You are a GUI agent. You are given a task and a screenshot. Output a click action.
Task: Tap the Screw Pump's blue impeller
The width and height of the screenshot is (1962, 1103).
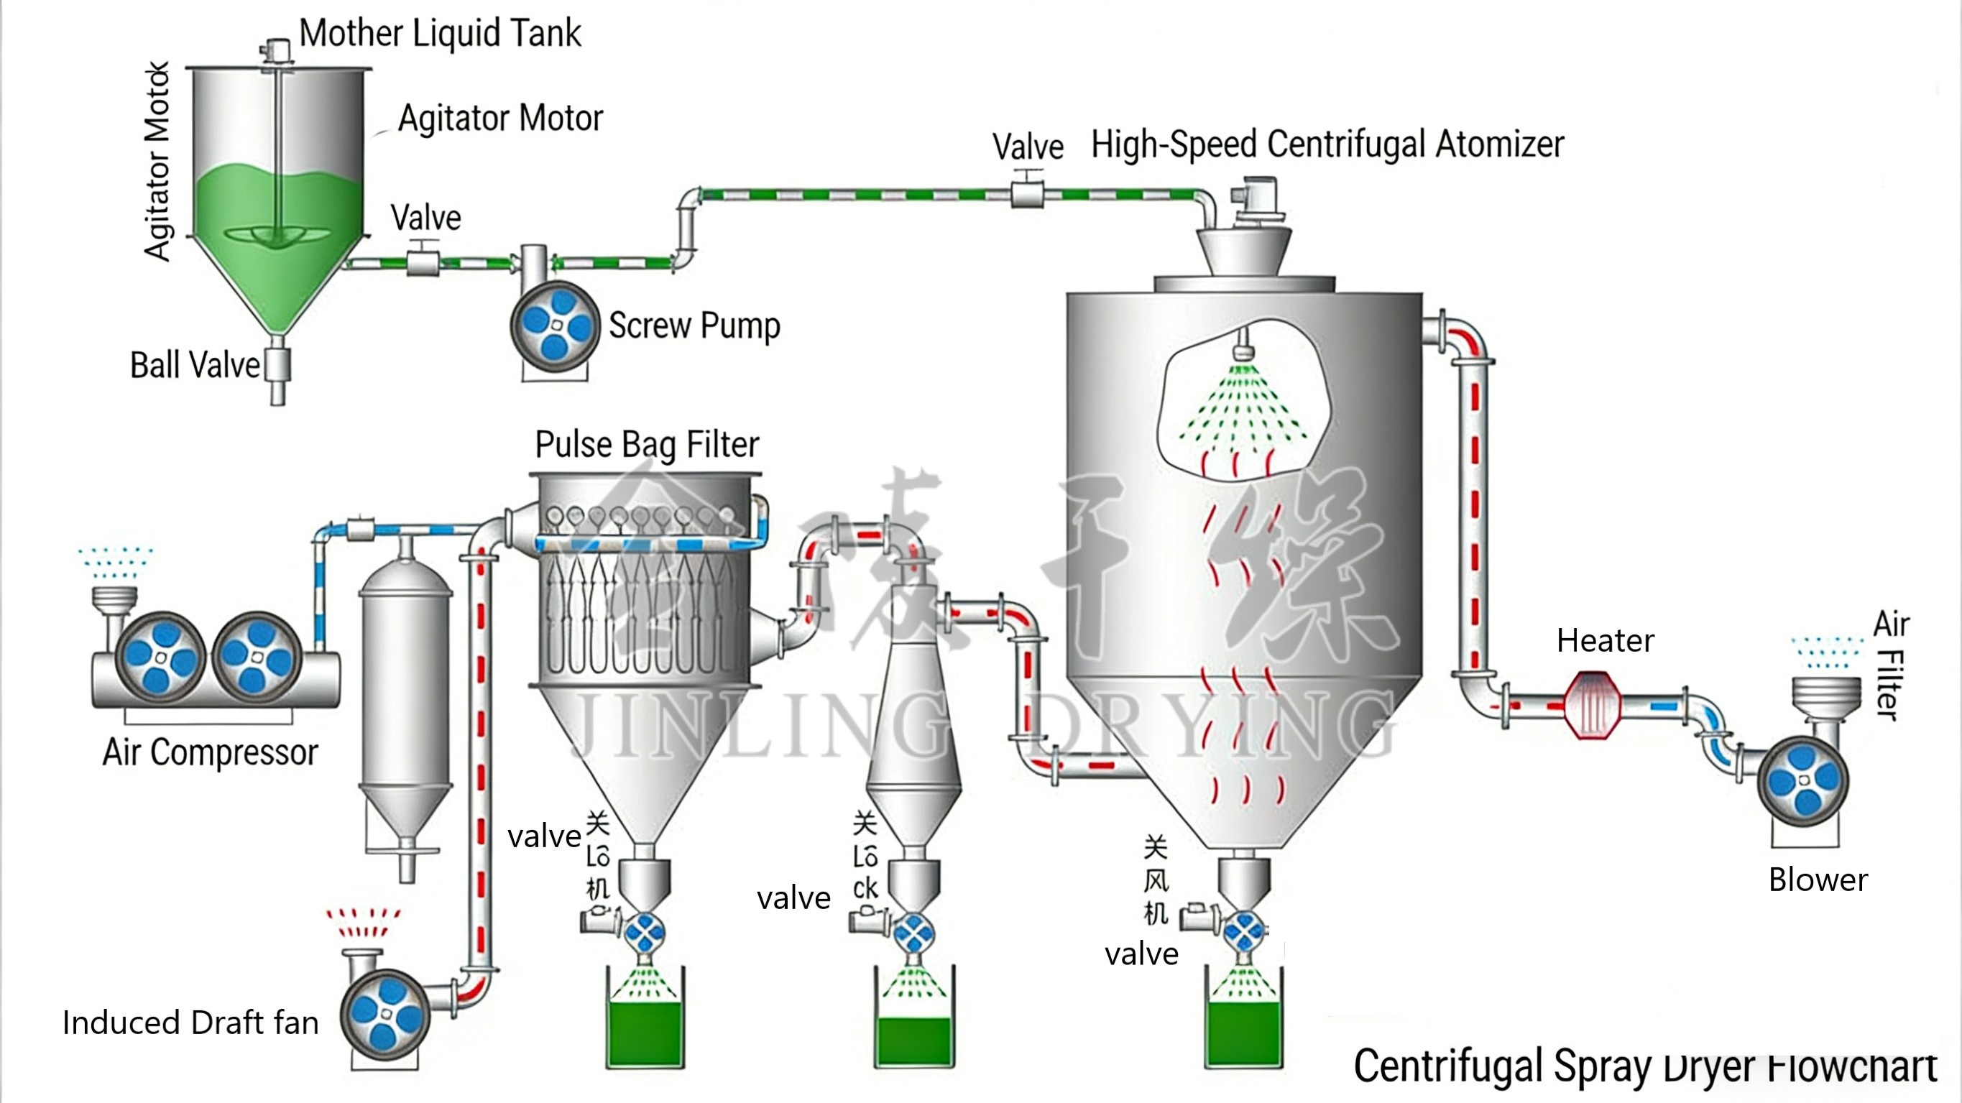(x=556, y=326)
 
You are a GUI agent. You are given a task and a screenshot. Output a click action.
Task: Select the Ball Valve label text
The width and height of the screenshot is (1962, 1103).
(x=195, y=365)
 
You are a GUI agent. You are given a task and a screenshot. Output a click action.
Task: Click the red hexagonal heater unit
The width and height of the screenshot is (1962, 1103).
(x=1592, y=705)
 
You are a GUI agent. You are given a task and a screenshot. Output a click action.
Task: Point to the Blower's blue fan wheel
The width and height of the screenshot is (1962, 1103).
(x=1803, y=781)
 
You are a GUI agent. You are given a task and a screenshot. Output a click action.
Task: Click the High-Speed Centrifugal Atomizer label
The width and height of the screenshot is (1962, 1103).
(x=1327, y=144)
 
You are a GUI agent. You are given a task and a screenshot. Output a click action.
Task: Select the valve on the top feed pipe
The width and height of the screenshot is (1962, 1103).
(x=1027, y=193)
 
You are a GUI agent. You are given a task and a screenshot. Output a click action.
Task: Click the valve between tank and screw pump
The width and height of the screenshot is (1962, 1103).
(x=423, y=263)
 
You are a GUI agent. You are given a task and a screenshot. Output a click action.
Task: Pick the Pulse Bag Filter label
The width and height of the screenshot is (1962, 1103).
(x=647, y=445)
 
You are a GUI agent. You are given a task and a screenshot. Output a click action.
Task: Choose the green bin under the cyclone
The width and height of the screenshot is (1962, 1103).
(x=914, y=1040)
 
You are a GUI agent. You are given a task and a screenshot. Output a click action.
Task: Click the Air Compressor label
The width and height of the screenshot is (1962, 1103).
(x=210, y=752)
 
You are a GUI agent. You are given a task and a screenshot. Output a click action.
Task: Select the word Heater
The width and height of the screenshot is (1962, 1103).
(x=1605, y=642)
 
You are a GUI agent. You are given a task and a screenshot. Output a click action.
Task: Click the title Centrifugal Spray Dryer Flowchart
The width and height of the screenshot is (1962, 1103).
(x=1645, y=1066)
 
